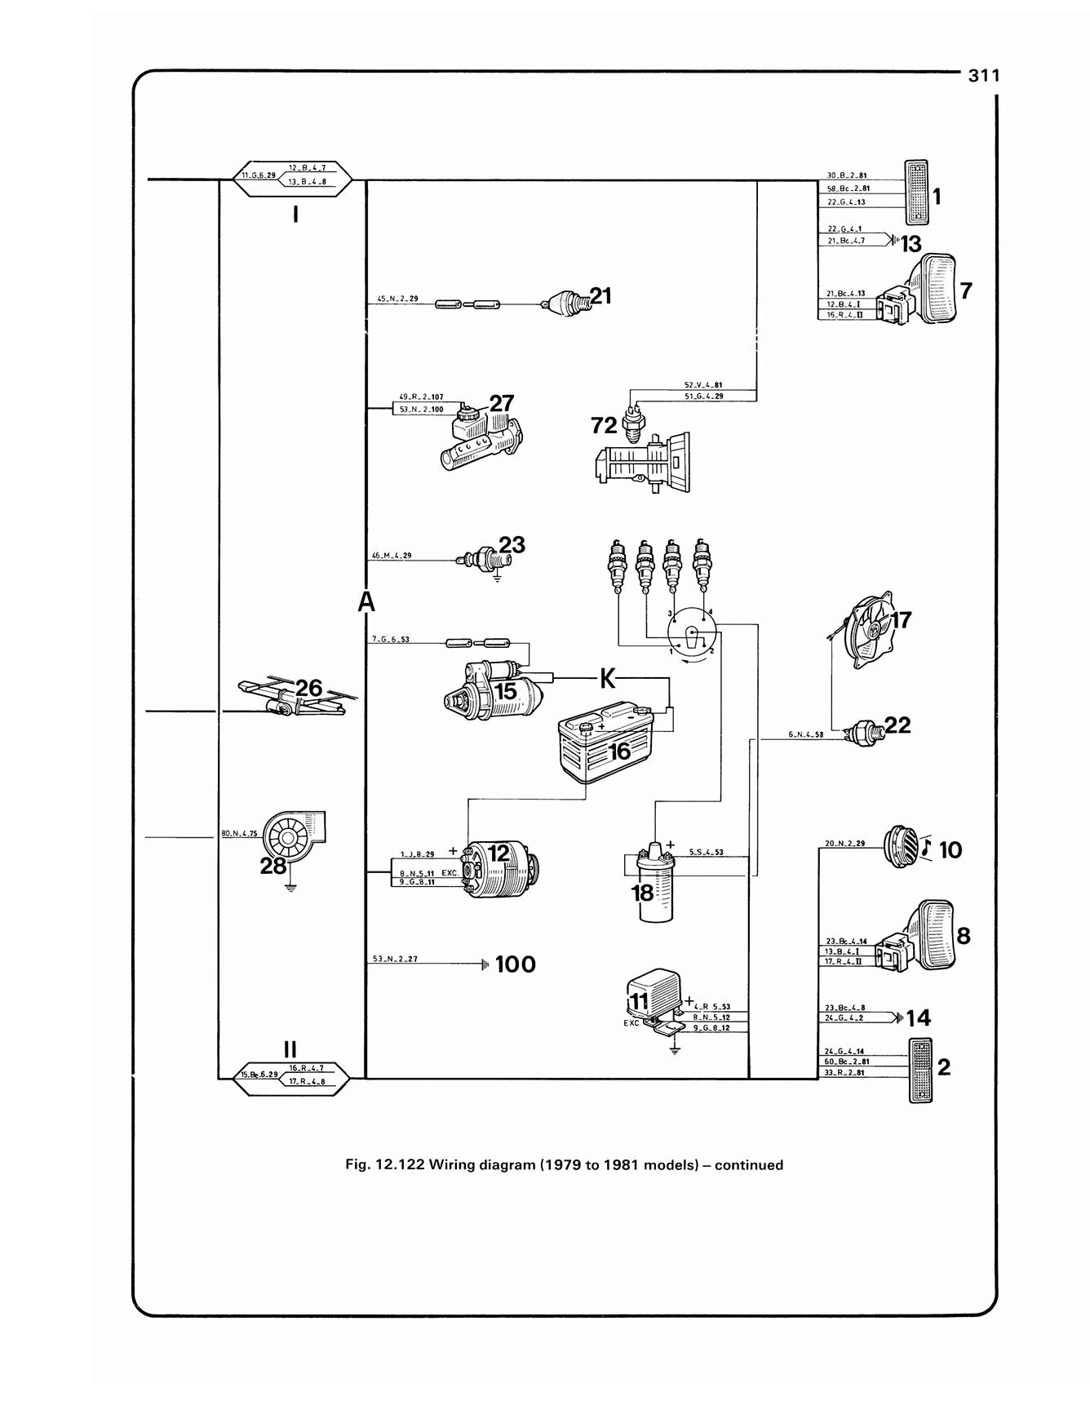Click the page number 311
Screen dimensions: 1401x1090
pos(983,76)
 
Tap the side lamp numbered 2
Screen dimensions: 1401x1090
pos(920,1071)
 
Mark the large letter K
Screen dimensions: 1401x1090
pos(607,678)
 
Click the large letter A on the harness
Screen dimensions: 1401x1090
pos(366,602)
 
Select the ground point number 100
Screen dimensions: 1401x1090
pos(515,964)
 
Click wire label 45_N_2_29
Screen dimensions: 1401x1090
pos(397,299)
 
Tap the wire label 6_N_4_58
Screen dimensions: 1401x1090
pos(805,734)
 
